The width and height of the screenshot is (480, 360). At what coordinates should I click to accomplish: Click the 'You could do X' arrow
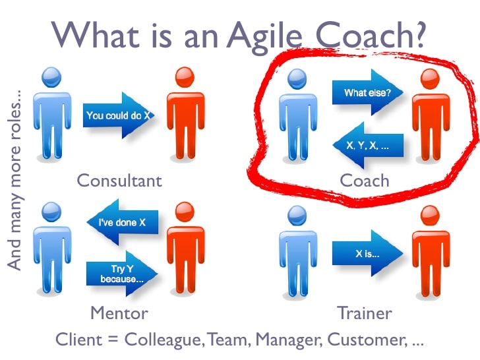point(119,115)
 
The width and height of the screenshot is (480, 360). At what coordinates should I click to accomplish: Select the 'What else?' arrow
point(368,92)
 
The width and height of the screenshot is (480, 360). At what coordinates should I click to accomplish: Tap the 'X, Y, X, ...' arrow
point(368,145)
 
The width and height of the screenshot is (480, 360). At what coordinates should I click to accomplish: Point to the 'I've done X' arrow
point(123,222)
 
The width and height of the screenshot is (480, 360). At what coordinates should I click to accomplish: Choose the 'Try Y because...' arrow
point(122,274)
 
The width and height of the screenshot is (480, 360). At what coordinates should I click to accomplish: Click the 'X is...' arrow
point(368,253)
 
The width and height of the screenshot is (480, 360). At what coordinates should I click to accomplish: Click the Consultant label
point(119,181)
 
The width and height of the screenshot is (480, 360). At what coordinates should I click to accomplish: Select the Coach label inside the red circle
point(365,181)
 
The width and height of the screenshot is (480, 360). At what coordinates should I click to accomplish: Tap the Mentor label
point(119,313)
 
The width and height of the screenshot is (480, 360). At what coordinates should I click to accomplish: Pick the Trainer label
point(364,313)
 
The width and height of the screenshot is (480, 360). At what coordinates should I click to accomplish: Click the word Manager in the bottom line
point(289,340)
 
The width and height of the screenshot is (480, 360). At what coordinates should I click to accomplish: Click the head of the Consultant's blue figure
point(51,77)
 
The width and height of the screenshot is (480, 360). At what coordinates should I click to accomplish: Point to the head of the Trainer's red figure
point(430,216)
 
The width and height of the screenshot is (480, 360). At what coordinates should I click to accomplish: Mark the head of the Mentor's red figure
point(185,212)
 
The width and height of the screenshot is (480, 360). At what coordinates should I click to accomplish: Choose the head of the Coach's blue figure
point(297,79)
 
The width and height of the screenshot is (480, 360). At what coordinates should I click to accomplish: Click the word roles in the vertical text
point(15,116)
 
